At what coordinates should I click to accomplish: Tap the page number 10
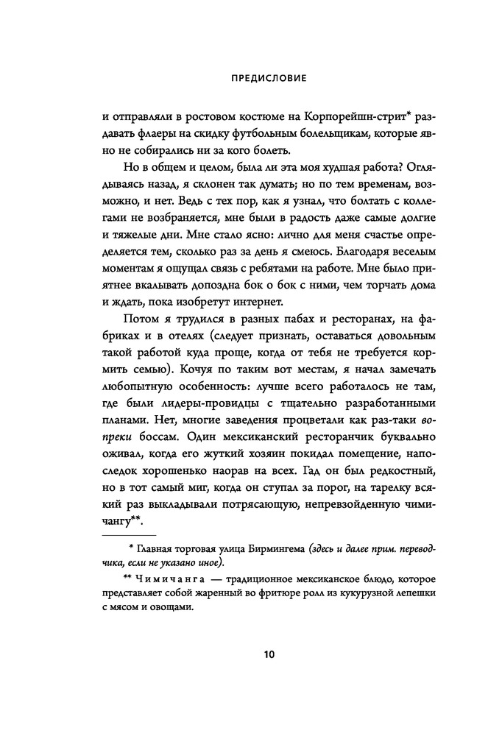pyautogui.click(x=250, y=654)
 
